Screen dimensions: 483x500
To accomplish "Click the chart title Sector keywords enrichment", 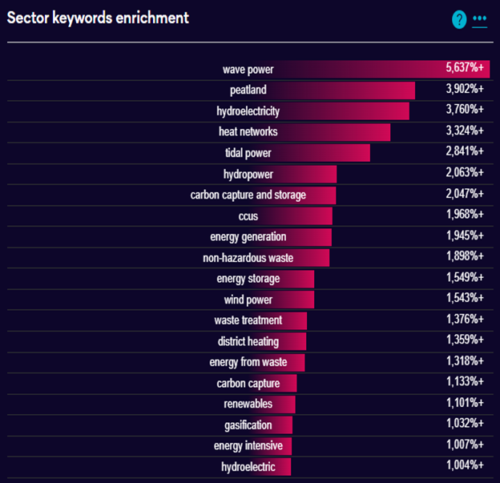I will (x=98, y=18).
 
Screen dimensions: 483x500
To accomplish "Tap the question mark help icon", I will (x=459, y=19).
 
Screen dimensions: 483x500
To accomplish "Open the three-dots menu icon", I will (x=480, y=18).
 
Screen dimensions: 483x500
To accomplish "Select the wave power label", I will (x=248, y=70).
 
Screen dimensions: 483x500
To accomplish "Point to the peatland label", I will (x=248, y=90).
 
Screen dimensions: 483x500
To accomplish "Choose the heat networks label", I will (x=248, y=131).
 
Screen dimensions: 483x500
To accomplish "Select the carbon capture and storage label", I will (x=248, y=195).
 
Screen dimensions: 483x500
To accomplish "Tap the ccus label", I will (x=248, y=215).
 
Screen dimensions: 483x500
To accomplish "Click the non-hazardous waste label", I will (x=248, y=258).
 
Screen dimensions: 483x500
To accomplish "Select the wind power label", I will (x=248, y=300).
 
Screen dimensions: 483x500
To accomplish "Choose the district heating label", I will (x=248, y=341).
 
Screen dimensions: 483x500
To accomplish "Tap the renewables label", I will (x=248, y=405).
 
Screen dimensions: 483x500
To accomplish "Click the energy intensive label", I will (x=248, y=445).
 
